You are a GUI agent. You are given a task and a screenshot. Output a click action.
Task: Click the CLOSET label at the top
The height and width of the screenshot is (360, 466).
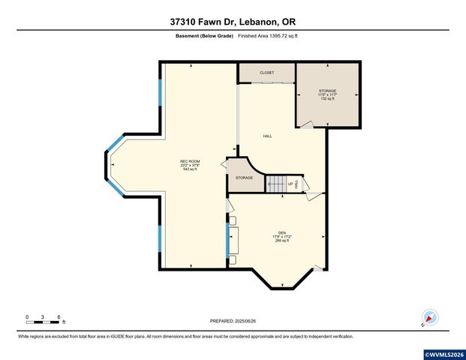(x=266, y=73)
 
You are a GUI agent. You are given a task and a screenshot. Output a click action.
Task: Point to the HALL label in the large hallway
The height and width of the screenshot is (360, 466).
(x=267, y=136)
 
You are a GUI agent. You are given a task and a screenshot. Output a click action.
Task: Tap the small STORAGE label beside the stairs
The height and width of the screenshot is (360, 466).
(x=244, y=178)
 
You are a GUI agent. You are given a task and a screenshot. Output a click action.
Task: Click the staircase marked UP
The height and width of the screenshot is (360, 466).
(x=278, y=182)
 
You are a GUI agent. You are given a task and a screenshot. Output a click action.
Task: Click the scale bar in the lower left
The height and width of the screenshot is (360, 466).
(x=43, y=318)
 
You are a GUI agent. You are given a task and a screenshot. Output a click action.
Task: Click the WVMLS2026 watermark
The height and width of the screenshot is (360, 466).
(x=444, y=354)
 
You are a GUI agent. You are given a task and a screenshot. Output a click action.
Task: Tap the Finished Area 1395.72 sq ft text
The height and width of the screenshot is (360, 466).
(x=267, y=35)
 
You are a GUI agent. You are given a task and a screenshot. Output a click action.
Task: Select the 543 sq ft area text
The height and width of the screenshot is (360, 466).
(x=190, y=170)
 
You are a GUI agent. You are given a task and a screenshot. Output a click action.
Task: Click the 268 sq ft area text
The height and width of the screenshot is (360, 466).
(x=282, y=241)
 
